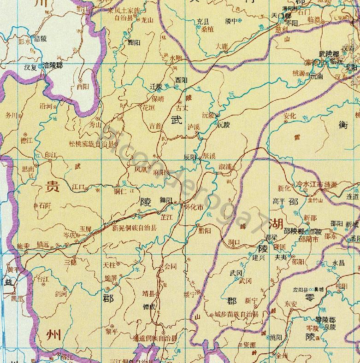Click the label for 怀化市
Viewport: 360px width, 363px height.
click(x=195, y=207)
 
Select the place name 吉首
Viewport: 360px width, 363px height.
click(x=155, y=125)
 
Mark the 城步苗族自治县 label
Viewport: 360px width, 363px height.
click(x=236, y=315)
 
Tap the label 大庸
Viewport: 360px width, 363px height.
click(x=222, y=46)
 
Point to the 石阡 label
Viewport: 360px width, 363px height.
click(x=45, y=206)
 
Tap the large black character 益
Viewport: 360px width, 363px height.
click(x=8, y=282)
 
